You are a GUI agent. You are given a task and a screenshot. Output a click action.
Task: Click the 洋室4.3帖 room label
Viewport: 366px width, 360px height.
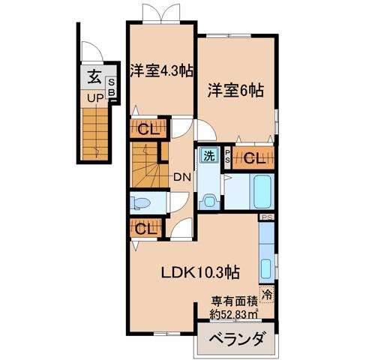click(161, 71)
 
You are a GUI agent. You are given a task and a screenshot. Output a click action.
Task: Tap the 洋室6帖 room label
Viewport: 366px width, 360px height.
click(235, 91)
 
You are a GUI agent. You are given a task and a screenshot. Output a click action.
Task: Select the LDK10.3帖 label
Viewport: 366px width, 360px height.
click(200, 272)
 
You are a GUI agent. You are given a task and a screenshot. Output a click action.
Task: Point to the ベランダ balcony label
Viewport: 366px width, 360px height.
click(236, 339)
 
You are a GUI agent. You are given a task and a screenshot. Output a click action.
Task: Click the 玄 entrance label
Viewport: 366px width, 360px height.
click(94, 76)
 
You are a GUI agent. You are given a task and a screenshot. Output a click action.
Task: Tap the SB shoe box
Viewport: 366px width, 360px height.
click(111, 88)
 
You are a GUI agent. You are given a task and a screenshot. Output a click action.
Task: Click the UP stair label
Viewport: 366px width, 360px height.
click(95, 98)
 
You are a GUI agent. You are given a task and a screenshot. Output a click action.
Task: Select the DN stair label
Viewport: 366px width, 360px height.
click(182, 177)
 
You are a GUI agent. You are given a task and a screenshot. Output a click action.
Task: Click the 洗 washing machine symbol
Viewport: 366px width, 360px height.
click(209, 156)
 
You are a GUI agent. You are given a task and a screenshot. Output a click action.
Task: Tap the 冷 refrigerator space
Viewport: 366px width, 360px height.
click(267, 294)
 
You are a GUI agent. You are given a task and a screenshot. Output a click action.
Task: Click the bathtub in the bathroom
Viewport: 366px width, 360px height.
click(262, 191)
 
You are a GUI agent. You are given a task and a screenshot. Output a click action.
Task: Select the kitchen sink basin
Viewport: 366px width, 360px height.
click(265, 268)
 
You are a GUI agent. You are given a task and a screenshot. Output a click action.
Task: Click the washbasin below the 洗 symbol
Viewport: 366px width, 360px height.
click(209, 200)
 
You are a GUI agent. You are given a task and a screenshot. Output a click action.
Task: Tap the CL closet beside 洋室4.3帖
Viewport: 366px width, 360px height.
click(148, 128)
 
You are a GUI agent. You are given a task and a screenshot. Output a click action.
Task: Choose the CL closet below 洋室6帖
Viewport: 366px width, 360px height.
click(253, 158)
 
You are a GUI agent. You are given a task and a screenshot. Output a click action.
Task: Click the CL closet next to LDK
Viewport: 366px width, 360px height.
click(145, 228)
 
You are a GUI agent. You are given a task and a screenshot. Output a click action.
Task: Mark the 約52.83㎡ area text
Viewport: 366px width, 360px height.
click(234, 314)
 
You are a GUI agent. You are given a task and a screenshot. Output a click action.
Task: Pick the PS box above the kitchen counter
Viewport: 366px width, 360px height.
click(267, 217)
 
